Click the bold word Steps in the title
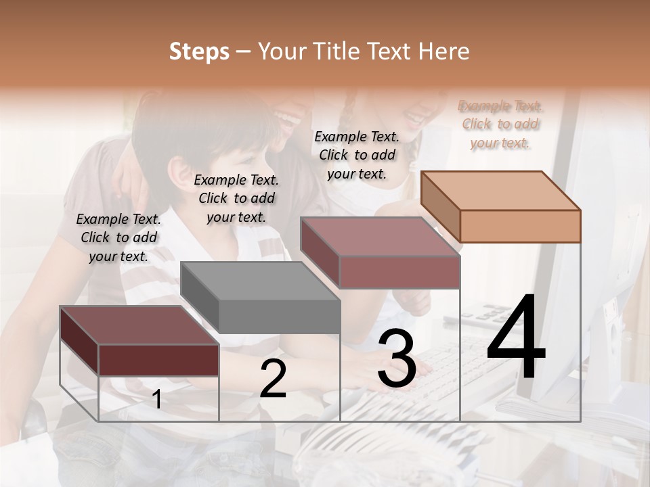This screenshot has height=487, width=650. tap(199, 51)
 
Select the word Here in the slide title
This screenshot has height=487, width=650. tap(445, 51)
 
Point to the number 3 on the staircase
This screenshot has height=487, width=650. tap(396, 358)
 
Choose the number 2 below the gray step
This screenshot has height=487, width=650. tap(273, 379)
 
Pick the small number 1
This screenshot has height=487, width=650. tap(157, 400)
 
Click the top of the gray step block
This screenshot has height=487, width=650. tap(260, 281)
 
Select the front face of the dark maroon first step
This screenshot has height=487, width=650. tap(158, 360)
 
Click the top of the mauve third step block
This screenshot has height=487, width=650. tap(381, 237)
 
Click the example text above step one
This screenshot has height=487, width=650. tap(118, 237)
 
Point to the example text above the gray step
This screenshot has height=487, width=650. tap(236, 198)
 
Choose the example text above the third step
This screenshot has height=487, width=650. tap(357, 155)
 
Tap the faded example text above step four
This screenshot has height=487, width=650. tap(500, 124)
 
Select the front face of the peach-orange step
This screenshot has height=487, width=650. tap(520, 226)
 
